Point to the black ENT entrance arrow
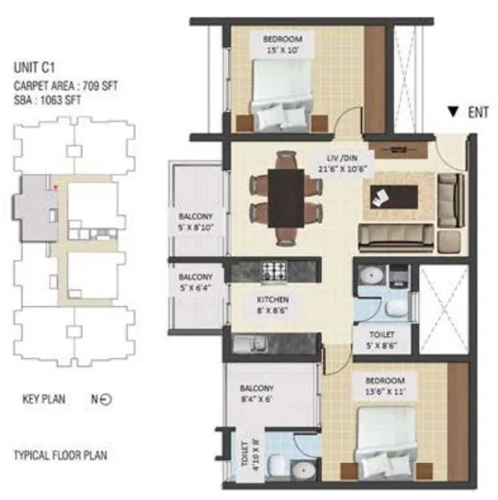(454, 113)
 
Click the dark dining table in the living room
(285, 197)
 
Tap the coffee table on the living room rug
(394, 196)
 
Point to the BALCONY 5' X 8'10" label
(196, 222)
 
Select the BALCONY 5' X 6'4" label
(196, 283)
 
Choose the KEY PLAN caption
(44, 399)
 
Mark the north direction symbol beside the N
(106, 399)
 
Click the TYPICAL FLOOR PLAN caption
(60, 456)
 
